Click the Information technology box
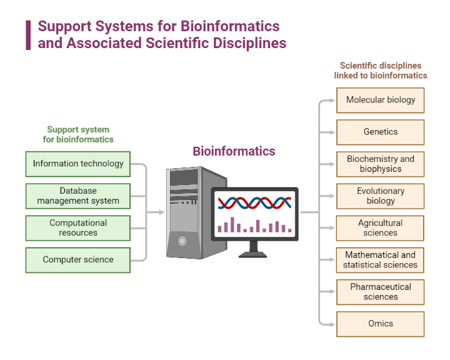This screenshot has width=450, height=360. (78, 164)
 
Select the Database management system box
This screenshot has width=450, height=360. (78, 196)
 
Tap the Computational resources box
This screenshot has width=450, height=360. (78, 228)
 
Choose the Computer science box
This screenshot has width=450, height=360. (78, 260)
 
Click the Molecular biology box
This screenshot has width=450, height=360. (380, 100)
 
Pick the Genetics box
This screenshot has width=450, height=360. (380, 132)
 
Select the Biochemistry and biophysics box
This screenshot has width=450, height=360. (380, 164)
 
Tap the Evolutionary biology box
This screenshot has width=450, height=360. (380, 196)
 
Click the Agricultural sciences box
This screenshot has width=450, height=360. (380, 228)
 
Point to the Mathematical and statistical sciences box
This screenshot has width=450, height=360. (380, 260)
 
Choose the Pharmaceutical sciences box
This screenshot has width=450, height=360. (380, 292)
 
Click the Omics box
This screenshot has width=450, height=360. (380, 324)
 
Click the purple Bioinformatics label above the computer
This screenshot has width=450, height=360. (234, 151)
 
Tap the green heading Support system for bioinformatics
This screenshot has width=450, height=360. (78, 134)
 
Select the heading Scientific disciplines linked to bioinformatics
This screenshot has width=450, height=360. (380, 70)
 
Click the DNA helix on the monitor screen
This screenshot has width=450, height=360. (254, 202)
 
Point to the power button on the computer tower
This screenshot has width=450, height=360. (182, 241)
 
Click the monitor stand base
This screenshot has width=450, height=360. (253, 254)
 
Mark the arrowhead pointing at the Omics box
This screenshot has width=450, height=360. (331, 324)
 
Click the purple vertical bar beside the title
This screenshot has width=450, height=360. (28, 35)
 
